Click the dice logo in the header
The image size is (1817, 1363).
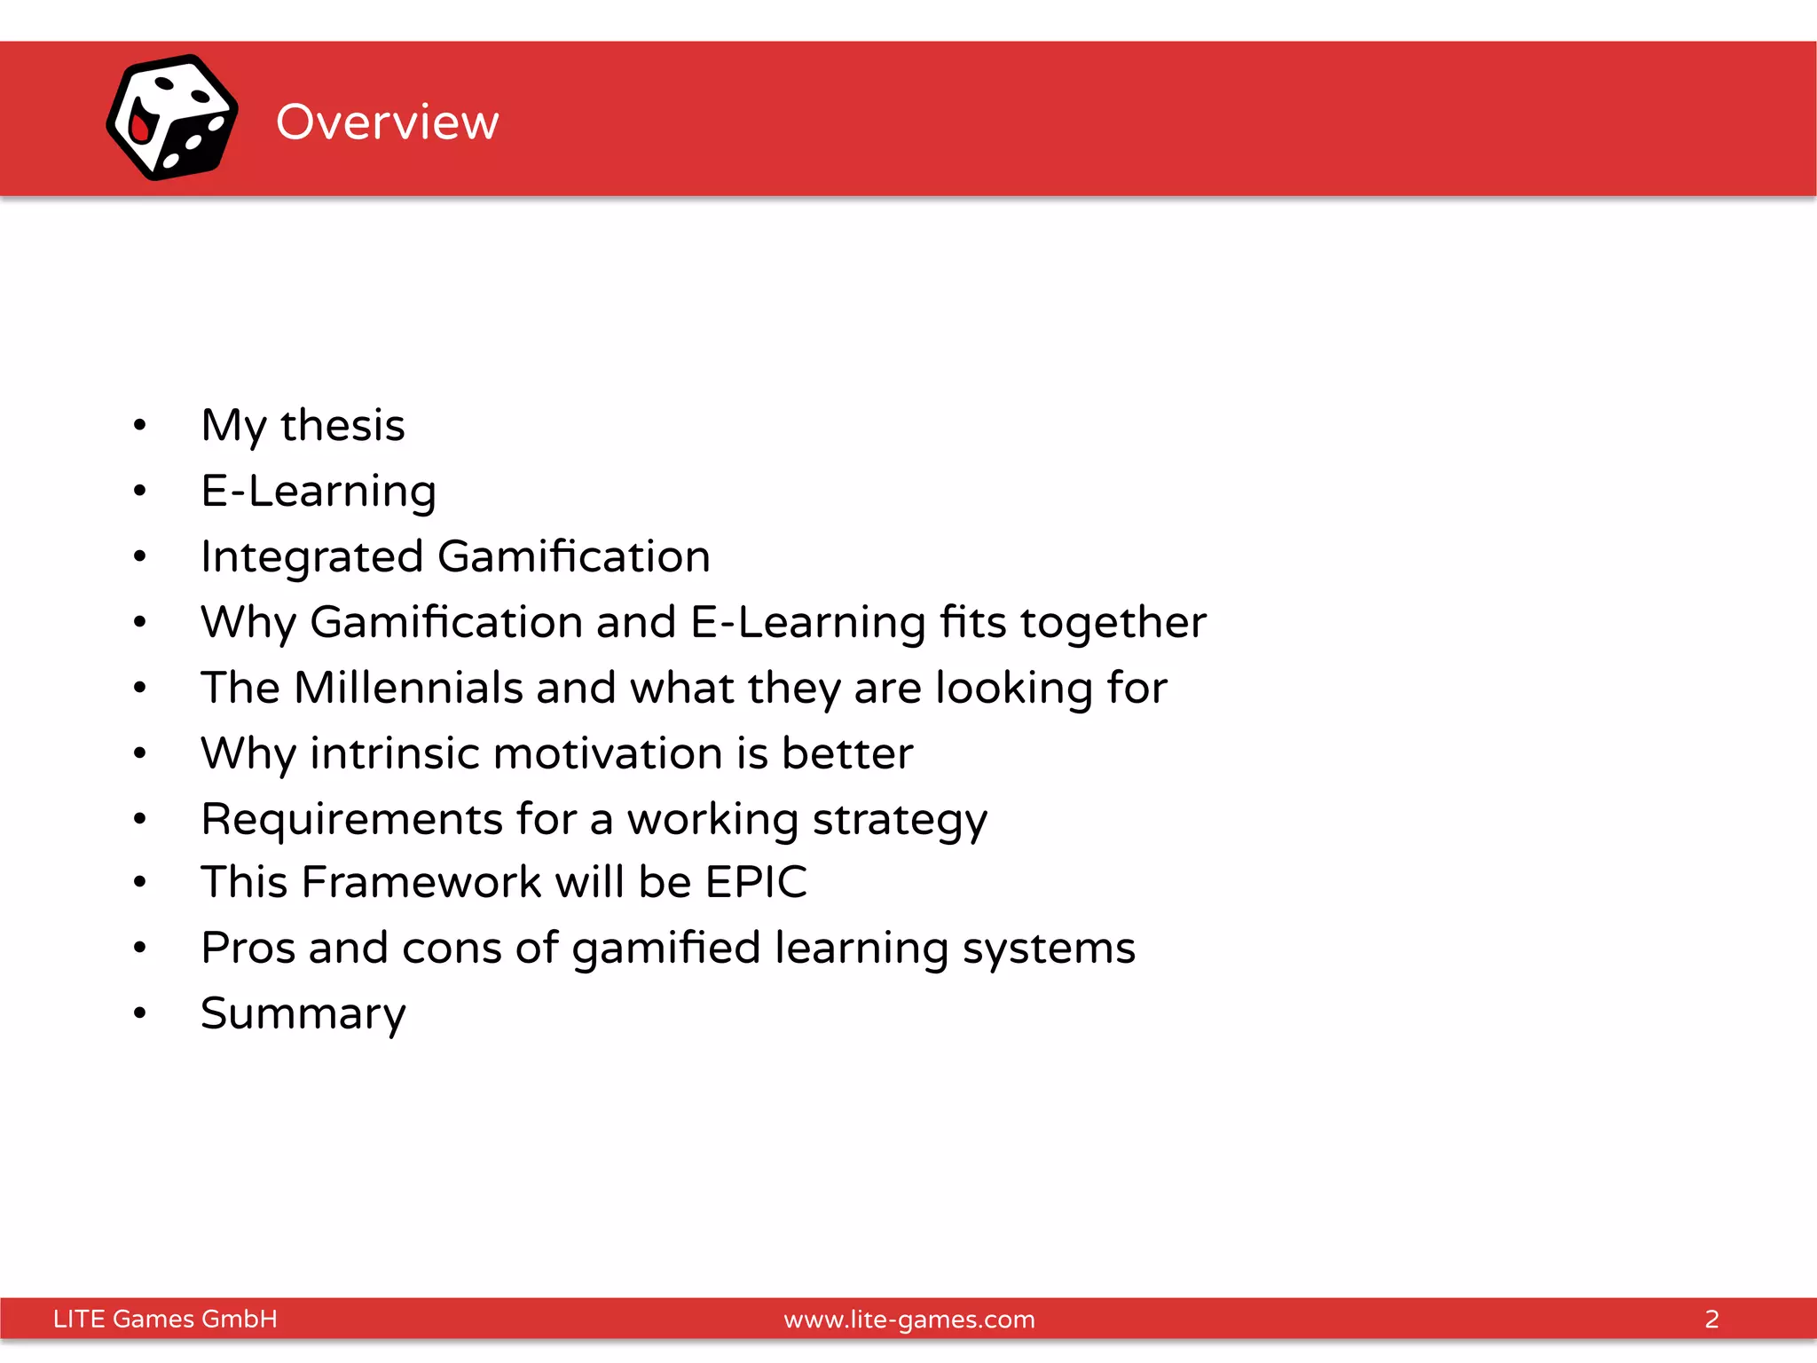pos(172,118)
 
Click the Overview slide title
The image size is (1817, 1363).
pos(387,122)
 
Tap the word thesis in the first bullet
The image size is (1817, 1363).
pos(342,425)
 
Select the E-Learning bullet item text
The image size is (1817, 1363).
pos(319,491)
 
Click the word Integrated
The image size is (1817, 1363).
pos(312,557)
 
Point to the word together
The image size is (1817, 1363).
pos(1113,622)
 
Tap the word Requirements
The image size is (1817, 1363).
pos(352,819)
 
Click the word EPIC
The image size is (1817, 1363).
pos(756,882)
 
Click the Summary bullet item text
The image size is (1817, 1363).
pos(303,1013)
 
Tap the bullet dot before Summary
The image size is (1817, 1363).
pos(139,1012)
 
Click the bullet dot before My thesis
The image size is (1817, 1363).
pos(139,425)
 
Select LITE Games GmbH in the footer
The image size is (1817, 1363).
pos(165,1319)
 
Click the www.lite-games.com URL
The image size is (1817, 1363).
pos(909,1320)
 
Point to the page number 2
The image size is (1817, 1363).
pos(1711,1319)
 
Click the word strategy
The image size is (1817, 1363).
pos(899,819)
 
